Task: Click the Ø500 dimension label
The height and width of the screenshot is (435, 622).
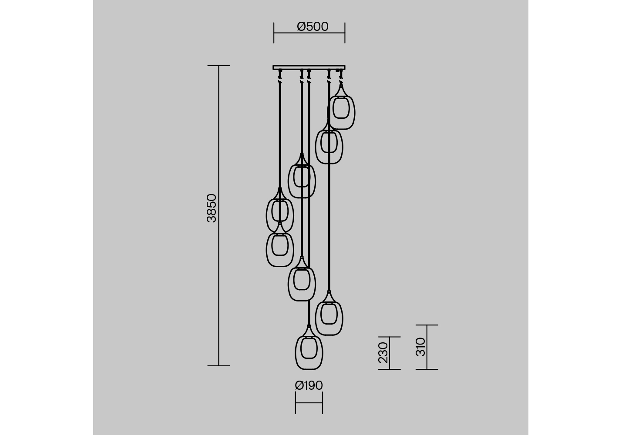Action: coord(313,27)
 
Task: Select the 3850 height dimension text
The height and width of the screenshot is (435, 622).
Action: coord(212,208)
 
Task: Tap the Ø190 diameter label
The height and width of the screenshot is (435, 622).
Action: coord(309,385)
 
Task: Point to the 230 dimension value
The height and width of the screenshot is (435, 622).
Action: coord(383,353)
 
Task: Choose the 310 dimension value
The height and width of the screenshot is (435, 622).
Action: coord(420,347)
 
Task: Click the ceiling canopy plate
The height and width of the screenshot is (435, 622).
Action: coord(309,67)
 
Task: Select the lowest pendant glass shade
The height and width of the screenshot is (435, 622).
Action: coord(309,352)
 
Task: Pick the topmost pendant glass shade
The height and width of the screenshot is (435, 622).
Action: coord(341,112)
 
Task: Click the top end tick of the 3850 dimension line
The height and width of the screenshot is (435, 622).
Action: coord(219,66)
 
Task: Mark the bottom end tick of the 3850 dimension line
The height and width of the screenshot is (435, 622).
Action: coord(219,366)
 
